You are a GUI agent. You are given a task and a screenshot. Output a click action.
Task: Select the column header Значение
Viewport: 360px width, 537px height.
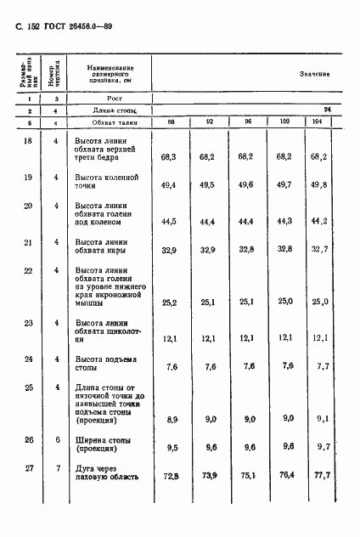click(314, 75)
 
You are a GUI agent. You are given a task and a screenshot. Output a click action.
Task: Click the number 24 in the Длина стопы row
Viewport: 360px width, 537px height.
click(327, 109)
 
